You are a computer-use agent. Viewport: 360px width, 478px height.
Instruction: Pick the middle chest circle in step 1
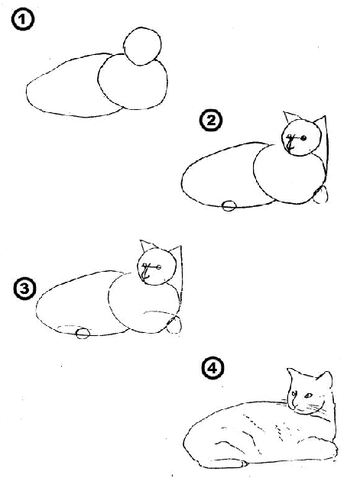click(x=134, y=85)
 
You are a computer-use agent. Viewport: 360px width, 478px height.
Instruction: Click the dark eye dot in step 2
click(x=303, y=137)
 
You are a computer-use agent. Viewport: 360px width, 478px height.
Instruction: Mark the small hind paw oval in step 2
click(x=228, y=205)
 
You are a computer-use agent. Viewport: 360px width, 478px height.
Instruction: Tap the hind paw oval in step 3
click(x=83, y=332)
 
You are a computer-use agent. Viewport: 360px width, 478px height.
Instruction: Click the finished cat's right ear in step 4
click(x=326, y=379)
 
